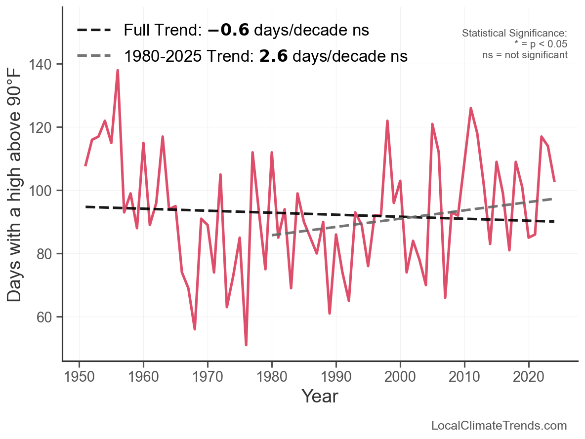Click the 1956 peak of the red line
118,71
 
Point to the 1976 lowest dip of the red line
246,345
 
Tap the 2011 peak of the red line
471,108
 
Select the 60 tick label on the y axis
48,317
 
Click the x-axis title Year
320,396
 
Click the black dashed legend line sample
94,31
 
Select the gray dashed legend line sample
94,56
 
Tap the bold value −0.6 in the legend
228,31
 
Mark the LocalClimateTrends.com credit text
499,426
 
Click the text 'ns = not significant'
525,55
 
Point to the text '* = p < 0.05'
541,44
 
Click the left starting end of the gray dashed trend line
272,235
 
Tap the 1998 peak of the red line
387,120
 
